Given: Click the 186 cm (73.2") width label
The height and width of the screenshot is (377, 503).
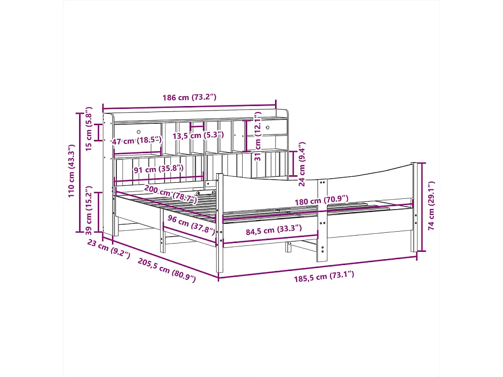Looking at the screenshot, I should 189,97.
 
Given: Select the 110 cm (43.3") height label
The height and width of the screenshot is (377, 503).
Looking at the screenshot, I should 72,171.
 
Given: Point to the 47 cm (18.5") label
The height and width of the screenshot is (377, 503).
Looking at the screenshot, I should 137,141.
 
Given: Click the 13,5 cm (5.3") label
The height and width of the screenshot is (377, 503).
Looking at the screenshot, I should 198,135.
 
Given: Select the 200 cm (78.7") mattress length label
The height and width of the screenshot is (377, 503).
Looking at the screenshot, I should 170,194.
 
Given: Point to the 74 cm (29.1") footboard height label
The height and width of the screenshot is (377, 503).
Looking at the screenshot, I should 431,206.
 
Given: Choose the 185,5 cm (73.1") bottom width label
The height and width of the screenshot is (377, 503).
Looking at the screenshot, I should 324,276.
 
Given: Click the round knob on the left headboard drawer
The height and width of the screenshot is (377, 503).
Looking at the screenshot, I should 139,132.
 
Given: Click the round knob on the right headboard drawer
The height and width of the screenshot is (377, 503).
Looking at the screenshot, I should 268,128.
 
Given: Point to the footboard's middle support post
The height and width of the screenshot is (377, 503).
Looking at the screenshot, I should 322,221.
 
